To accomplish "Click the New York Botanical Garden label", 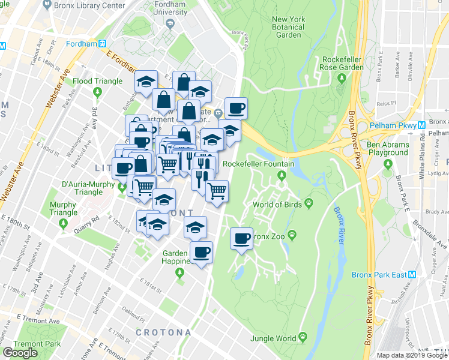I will click(x=288, y=27).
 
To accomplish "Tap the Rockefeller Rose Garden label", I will click(x=343, y=63).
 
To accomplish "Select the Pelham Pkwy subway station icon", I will click(x=422, y=124).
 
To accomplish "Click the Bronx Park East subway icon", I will click(x=412, y=274).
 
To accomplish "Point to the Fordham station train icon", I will click(x=103, y=43).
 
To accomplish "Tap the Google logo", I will click(x=20, y=353).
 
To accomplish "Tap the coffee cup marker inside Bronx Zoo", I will click(x=242, y=239).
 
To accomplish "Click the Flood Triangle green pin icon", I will click(x=97, y=92).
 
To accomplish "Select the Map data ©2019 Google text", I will click(x=412, y=355).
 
